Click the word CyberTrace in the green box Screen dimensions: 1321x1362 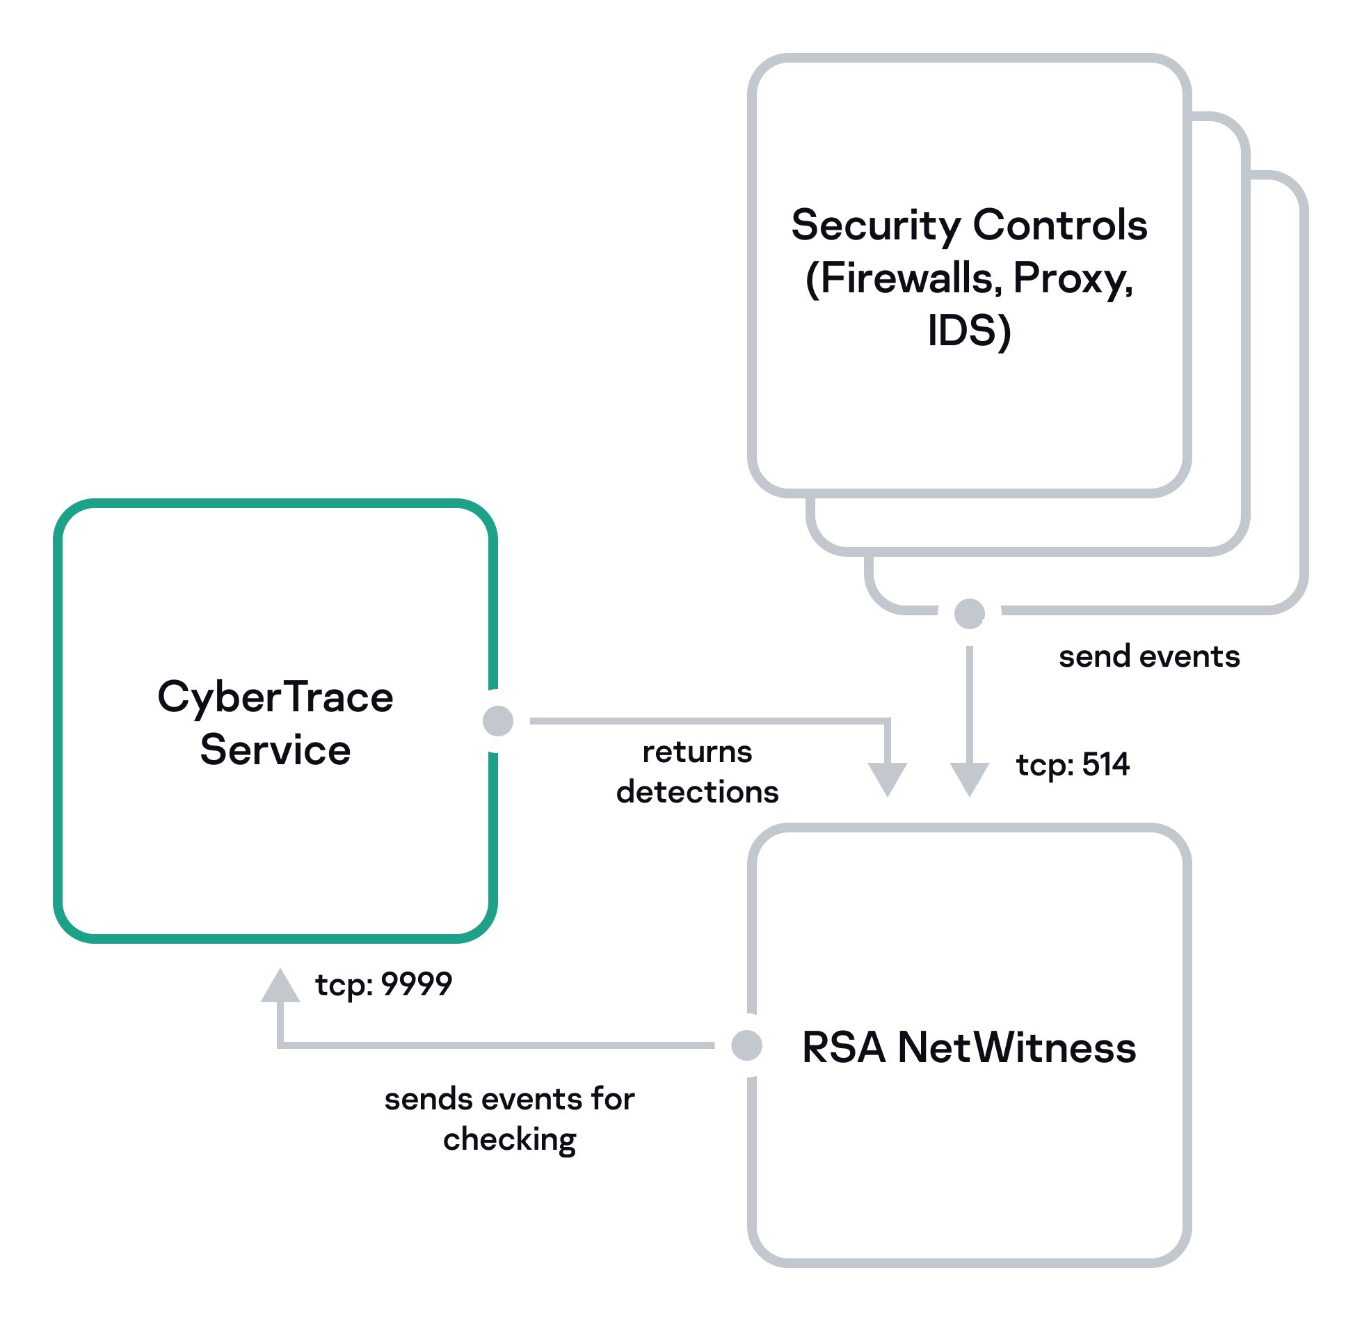click(x=275, y=697)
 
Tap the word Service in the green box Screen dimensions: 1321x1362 click(x=275, y=750)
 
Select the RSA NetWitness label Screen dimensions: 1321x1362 click(x=968, y=1047)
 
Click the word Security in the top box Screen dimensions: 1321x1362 click(x=876, y=226)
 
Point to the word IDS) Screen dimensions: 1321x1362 click(x=969, y=331)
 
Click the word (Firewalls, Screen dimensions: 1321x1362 click(x=904, y=278)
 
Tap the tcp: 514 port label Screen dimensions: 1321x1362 click(x=1073, y=764)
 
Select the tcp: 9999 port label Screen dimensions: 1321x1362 click(x=383, y=984)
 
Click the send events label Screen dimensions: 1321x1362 click(x=1149, y=656)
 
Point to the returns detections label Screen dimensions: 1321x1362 click(x=697, y=772)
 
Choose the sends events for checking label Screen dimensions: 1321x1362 click(x=509, y=1119)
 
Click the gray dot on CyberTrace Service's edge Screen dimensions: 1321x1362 click(x=498, y=720)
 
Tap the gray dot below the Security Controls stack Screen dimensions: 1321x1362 click(x=969, y=613)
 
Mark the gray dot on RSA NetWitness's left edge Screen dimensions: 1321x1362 click(x=747, y=1045)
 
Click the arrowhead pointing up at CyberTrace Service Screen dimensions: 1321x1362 click(x=280, y=987)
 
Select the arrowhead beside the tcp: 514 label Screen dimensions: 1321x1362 click(x=969, y=778)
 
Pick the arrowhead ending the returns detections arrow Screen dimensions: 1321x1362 click(x=888, y=778)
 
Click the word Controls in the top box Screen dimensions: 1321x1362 click(x=1059, y=226)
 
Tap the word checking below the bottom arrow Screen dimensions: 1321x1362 click(x=509, y=1140)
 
